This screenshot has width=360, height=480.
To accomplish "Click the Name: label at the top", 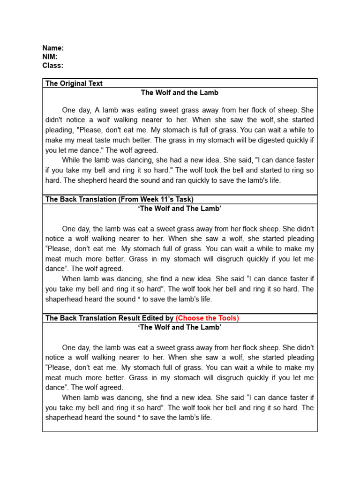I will point(53,48).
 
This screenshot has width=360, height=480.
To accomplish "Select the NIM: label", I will point(50,57).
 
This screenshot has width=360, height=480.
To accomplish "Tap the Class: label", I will point(53,66).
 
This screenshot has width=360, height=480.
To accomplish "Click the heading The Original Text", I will point(74,83).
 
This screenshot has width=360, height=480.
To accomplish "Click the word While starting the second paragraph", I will point(72,160).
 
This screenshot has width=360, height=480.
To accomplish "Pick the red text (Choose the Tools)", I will point(207,318).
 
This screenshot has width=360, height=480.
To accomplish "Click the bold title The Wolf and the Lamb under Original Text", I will point(180,93).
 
